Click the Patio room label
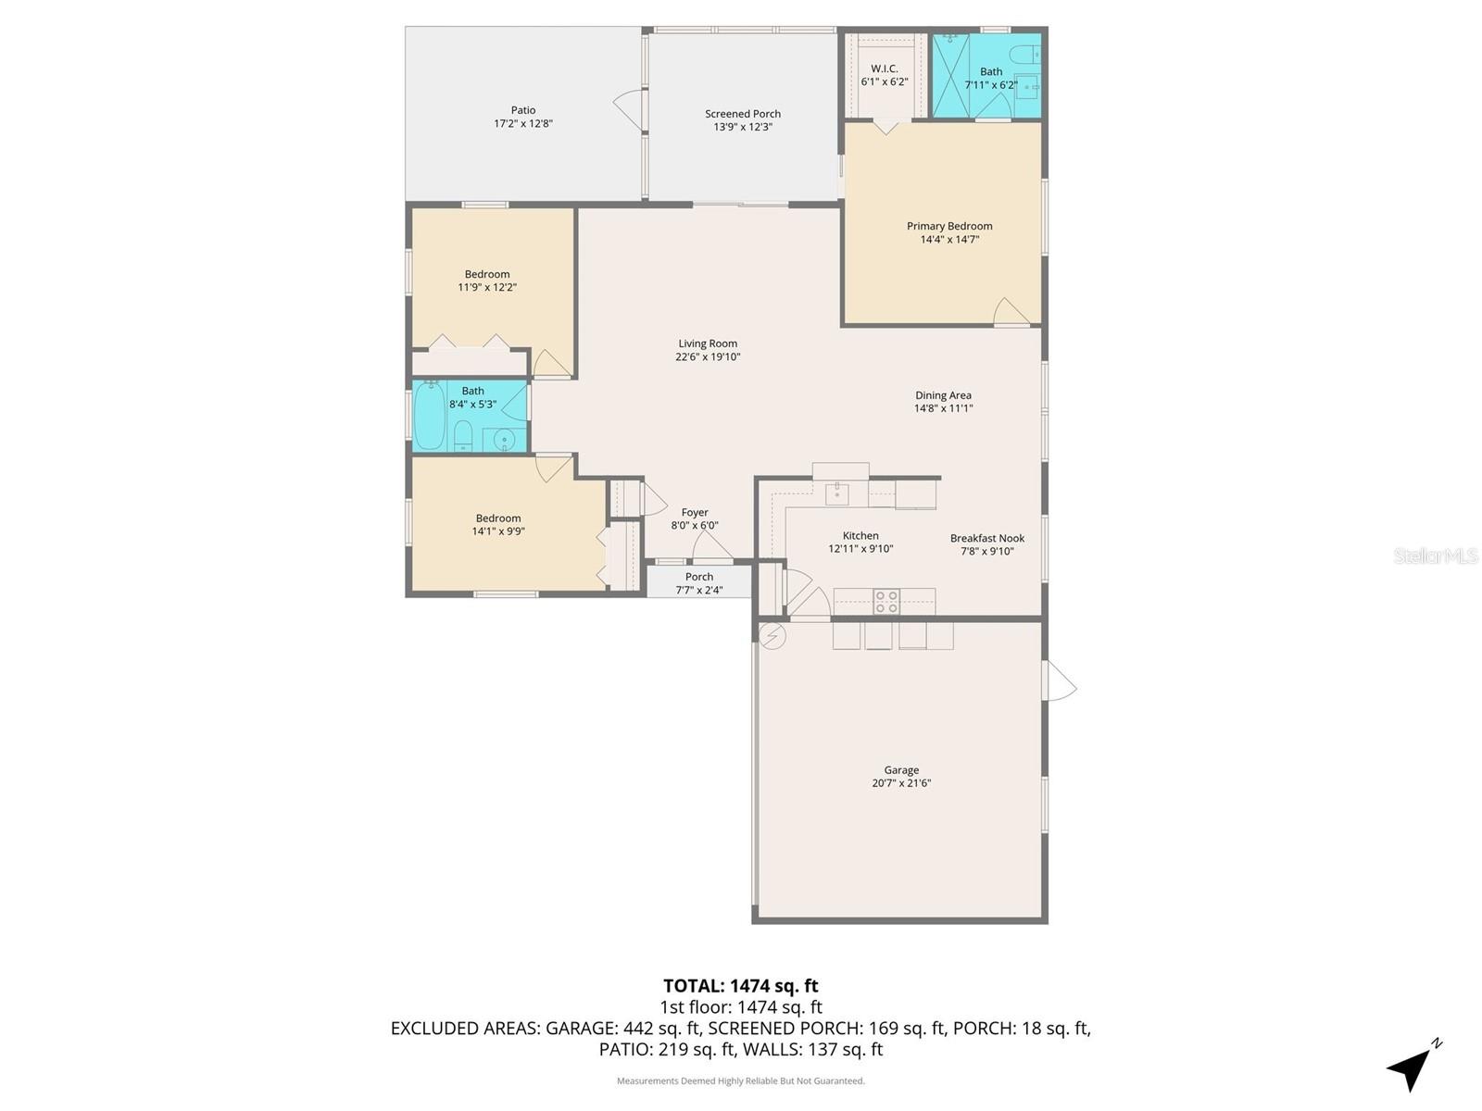click(523, 110)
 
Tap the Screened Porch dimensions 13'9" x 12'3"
click(743, 128)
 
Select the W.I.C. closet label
click(885, 69)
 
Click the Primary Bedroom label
click(949, 226)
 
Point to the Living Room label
click(708, 343)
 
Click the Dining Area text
click(943, 395)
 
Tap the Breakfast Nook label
click(987, 538)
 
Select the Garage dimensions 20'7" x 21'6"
click(901, 783)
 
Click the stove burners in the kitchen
click(886, 602)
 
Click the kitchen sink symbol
click(837, 493)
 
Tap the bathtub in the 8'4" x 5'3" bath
click(429, 416)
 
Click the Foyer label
click(695, 512)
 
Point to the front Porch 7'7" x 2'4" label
click(699, 577)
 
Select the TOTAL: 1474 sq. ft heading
click(741, 986)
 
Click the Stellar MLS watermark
click(1435, 555)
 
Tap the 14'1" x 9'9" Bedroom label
click(498, 518)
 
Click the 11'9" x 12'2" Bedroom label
click(487, 274)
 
